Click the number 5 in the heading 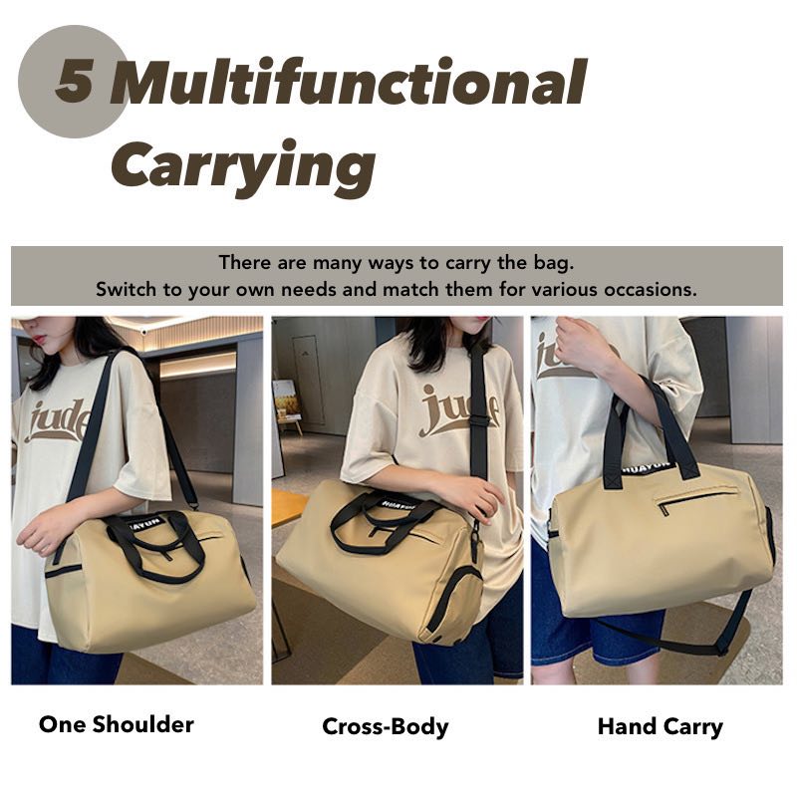74,82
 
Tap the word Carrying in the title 244,166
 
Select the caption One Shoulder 117,724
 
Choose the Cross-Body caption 386,726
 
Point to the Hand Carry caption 661,727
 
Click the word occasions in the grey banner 650,290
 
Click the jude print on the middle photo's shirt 458,410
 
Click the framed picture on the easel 286,399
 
